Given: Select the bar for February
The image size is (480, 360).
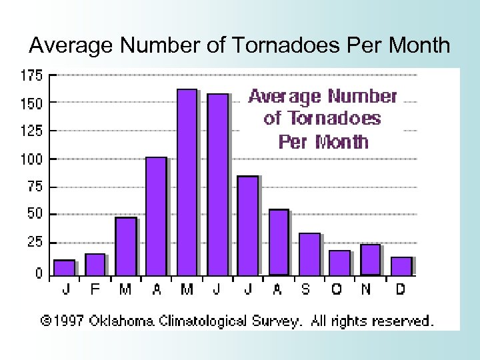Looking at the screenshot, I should [x=95, y=265].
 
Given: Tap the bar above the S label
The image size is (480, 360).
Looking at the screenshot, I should [x=309, y=254].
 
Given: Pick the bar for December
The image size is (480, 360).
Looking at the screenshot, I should [x=401, y=266].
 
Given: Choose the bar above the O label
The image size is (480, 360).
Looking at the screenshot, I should [x=340, y=263].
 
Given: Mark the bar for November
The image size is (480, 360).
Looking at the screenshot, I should [x=370, y=259].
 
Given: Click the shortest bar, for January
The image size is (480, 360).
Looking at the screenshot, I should [x=64, y=267].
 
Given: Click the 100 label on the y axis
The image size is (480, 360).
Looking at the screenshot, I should [x=34, y=159].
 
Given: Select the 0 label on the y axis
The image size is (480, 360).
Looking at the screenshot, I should [x=39, y=273].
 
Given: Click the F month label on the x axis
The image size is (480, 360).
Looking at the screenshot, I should [x=95, y=289].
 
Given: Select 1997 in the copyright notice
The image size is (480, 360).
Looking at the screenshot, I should [x=68, y=321].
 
